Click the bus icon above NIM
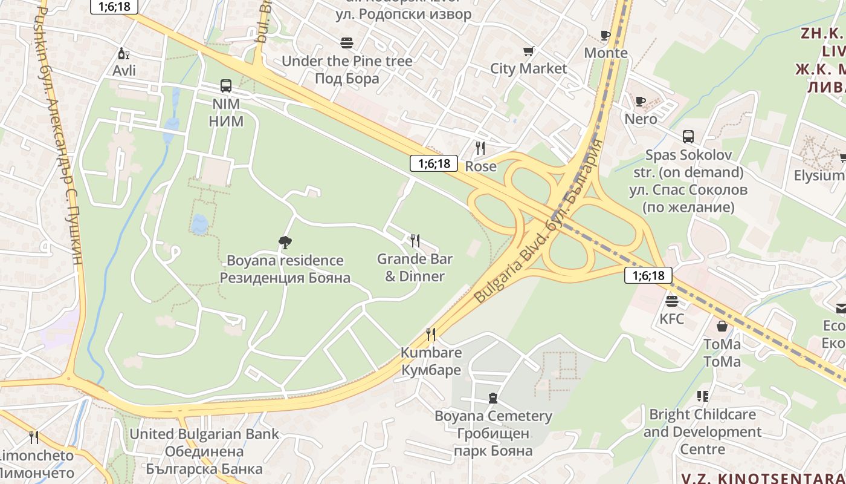(226, 86)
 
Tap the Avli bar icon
(123, 53)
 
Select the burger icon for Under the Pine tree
(347, 43)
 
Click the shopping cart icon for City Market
(529, 51)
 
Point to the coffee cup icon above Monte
(605, 35)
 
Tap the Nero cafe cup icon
(641, 101)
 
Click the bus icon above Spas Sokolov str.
(688, 137)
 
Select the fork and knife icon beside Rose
(480, 148)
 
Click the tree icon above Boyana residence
(285, 243)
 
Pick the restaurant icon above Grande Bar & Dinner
(415, 241)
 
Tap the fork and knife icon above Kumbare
(431, 334)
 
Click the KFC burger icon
(671, 301)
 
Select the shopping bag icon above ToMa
(722, 327)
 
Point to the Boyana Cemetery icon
(493, 398)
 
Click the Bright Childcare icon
(702, 396)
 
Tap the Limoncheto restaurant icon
(34, 437)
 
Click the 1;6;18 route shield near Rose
(434, 163)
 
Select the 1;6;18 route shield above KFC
(648, 276)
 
